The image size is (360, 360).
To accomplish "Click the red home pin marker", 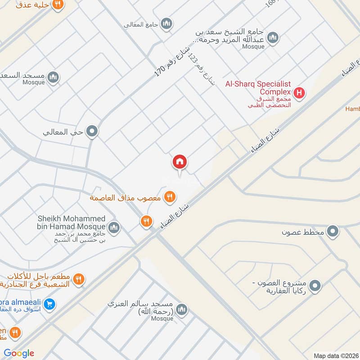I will (x=180, y=162).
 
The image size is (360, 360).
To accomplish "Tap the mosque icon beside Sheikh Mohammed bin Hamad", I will (x=114, y=227).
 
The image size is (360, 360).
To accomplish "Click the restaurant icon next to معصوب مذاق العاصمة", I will (x=170, y=197).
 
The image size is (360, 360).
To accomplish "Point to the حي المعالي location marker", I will (x=92, y=132).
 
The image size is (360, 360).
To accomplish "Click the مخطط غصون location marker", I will (x=333, y=232).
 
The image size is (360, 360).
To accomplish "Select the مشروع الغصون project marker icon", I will (x=315, y=285).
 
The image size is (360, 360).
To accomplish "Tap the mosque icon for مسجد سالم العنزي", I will (x=182, y=309).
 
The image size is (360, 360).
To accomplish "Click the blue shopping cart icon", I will (x=51, y=304).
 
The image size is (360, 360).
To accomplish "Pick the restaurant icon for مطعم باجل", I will (x=78, y=279).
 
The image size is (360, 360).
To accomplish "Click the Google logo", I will (x=19, y=353).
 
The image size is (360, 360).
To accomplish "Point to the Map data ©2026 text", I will (x=335, y=355).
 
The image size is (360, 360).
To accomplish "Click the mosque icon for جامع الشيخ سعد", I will (x=272, y=38).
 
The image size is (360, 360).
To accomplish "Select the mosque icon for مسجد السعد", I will (x=53, y=78).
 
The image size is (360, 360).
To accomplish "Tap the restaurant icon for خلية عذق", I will (x=58, y=4).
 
